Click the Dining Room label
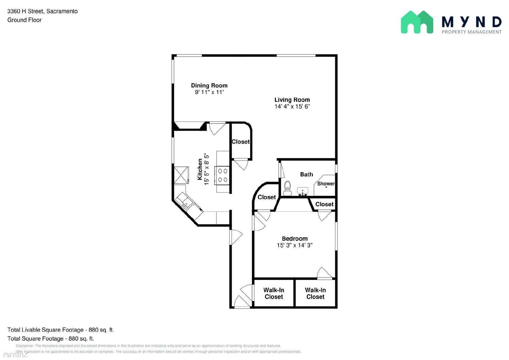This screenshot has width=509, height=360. pos(209,86)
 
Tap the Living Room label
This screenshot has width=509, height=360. pos(292,100)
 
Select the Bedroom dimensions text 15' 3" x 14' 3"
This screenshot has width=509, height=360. pos(295,245)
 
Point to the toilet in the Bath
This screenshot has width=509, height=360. pos(288,188)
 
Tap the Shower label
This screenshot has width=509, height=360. pos(326,184)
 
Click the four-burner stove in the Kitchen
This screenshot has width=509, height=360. pos(222,175)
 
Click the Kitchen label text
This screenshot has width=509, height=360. pos(200,169)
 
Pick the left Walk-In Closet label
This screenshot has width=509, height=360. pos(274,293)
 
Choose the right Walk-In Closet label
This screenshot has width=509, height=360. pos(315,293)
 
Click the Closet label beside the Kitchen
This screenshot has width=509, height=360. pos(241,142)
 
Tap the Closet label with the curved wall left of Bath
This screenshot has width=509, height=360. pos(267,197)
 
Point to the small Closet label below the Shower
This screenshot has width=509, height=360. pos(324,204)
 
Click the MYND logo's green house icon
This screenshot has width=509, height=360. pos(417,22)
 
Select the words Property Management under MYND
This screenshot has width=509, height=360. pos(471,32)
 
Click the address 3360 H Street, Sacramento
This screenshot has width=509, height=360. pos(43,11)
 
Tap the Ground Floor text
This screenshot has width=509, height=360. pos(24,20)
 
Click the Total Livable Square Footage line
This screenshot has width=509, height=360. pos(60,330)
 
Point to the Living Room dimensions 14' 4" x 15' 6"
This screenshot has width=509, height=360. pos(292,106)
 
